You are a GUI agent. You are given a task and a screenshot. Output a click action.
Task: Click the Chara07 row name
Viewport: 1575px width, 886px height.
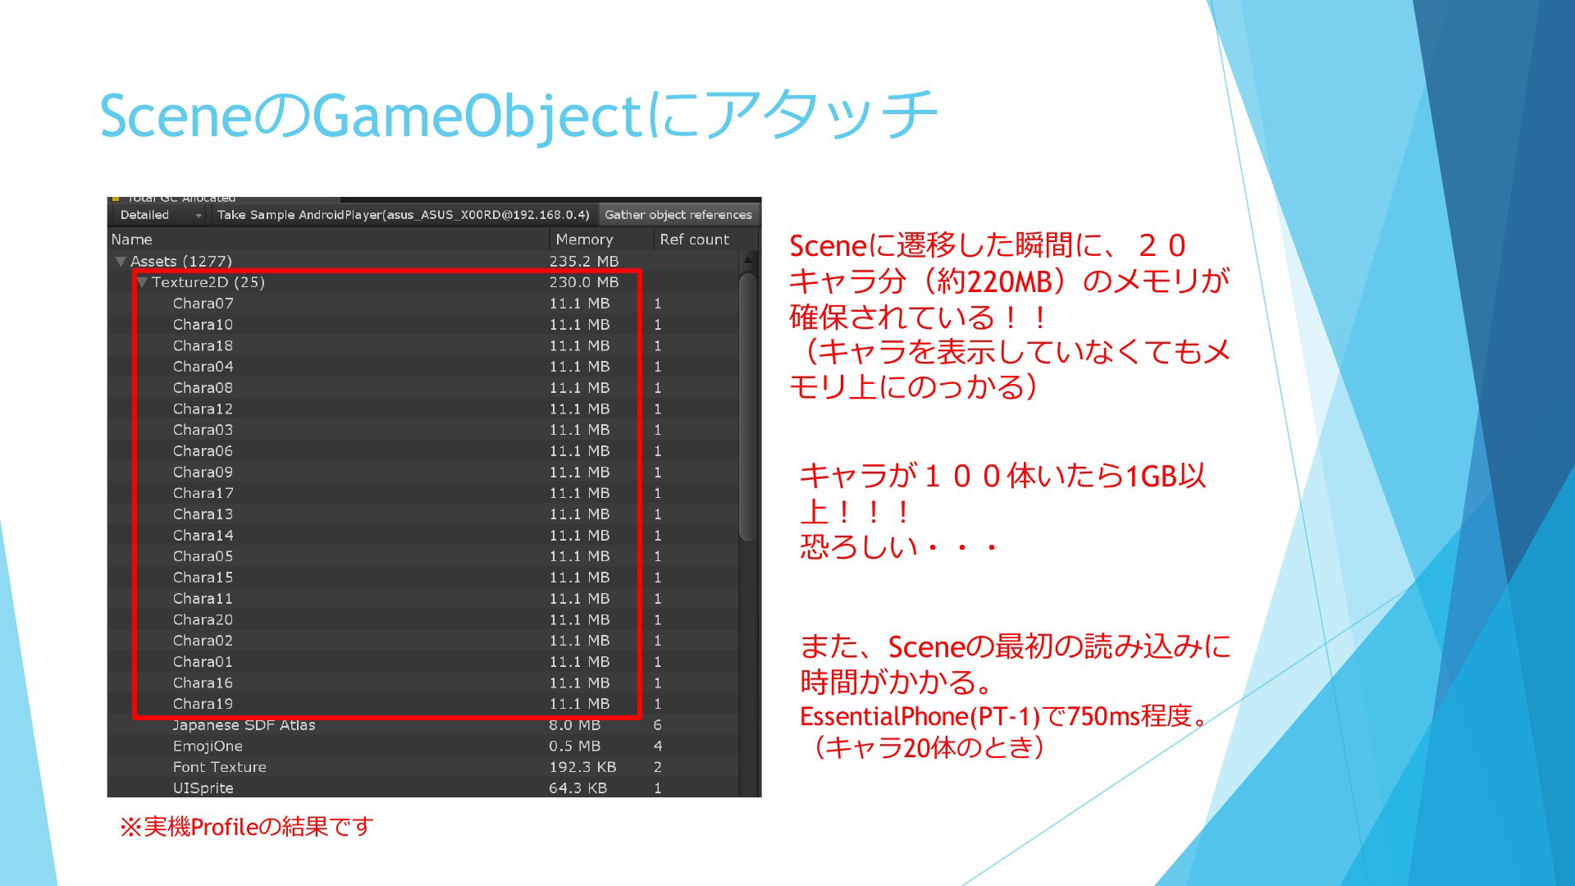pos(203,304)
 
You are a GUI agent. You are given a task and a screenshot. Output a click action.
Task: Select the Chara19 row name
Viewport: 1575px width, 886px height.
pos(203,704)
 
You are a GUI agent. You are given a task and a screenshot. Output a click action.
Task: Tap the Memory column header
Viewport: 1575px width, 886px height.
pos(584,240)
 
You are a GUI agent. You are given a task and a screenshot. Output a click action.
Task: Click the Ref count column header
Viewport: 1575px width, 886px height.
pos(694,240)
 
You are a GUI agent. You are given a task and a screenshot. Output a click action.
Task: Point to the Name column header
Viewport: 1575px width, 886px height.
pos(132,240)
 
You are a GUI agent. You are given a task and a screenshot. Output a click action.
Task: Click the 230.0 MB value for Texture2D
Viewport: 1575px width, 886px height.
pos(584,282)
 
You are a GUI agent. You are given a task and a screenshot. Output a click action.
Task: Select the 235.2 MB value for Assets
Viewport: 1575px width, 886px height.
pos(584,261)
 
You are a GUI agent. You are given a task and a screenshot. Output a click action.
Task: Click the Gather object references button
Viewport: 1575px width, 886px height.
pos(678,215)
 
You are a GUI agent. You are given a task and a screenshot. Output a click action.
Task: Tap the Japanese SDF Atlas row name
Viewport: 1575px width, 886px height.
pos(244,725)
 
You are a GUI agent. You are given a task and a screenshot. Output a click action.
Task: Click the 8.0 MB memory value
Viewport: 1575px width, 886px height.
pos(574,725)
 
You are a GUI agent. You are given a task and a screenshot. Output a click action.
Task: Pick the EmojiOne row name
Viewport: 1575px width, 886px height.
pos(208,747)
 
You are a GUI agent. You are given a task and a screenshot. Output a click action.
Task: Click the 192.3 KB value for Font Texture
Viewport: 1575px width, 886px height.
pos(582,767)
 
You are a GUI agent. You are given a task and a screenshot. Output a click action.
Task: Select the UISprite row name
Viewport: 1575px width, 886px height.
pos(203,788)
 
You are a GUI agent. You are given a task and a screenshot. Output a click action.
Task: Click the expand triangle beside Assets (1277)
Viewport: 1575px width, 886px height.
pos(121,262)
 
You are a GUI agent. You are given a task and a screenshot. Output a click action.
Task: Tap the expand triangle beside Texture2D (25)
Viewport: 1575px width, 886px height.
pos(142,282)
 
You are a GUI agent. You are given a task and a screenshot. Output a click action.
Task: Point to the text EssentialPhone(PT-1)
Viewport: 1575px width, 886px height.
pos(920,717)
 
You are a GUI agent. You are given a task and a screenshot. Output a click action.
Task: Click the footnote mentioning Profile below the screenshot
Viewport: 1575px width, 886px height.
pos(247,826)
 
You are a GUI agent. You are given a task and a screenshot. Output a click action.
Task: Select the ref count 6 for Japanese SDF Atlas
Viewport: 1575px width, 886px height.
pos(657,725)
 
